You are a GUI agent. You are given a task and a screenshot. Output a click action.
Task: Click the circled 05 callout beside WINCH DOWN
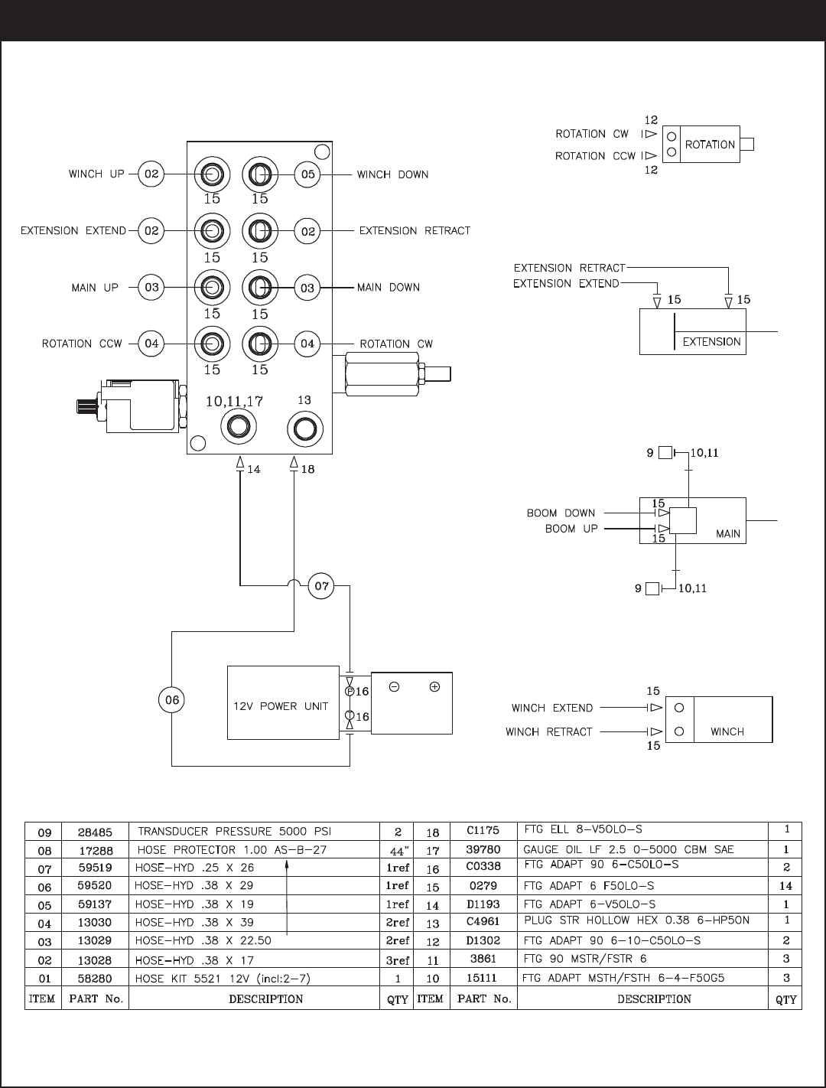coord(307,174)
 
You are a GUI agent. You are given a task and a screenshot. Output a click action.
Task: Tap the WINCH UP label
coord(96,174)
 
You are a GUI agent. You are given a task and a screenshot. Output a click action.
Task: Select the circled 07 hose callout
coord(321,586)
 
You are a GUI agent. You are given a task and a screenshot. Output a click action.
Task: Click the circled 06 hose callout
coord(171,700)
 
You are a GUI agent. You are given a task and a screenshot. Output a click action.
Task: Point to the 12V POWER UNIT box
coord(283,703)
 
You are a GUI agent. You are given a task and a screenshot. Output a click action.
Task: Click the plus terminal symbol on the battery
coord(434,687)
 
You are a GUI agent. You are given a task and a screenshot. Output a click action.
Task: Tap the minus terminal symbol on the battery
coord(395,687)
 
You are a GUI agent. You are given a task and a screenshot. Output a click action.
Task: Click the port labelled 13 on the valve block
coord(305,428)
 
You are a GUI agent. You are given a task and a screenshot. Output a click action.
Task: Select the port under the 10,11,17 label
coord(239,427)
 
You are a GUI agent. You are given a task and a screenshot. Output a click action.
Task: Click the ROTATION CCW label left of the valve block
coord(82,344)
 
